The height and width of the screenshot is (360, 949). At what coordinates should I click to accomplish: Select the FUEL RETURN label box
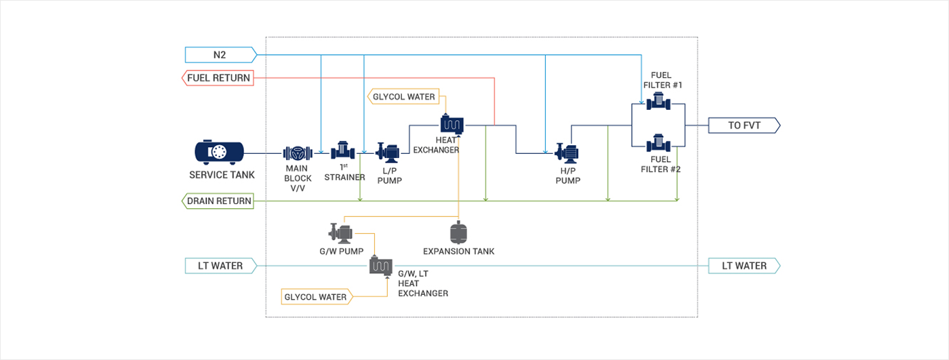[218, 78]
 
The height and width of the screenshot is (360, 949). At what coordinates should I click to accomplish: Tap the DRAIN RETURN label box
[218, 201]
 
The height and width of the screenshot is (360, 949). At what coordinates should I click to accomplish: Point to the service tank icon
[219, 152]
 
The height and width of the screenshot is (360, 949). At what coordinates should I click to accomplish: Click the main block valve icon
[296, 152]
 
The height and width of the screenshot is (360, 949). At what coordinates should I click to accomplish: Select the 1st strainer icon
[343, 151]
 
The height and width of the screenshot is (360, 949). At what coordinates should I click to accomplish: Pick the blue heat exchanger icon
[451, 124]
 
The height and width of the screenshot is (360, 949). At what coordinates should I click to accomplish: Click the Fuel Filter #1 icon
[658, 102]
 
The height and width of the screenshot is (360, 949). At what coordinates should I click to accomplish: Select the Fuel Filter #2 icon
[658, 144]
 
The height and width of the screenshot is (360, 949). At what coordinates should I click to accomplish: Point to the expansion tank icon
[459, 233]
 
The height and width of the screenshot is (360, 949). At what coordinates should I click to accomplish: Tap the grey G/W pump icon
[341, 233]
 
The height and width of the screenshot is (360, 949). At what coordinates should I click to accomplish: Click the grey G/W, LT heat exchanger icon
[381, 265]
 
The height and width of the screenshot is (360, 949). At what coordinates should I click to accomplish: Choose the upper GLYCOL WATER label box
[404, 96]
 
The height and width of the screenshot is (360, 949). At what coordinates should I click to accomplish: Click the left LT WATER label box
[221, 266]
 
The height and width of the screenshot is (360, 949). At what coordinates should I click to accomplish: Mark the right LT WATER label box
[744, 266]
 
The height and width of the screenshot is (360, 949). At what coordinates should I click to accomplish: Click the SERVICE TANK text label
[222, 175]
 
